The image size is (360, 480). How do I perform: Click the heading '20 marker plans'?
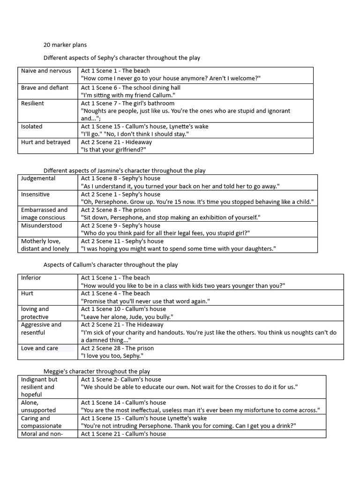[65, 45]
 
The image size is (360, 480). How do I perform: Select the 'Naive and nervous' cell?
[46, 71]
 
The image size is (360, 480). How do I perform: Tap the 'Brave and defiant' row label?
[45, 88]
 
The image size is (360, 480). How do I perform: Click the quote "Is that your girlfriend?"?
[114, 150]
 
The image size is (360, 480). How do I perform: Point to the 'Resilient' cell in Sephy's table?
[32, 103]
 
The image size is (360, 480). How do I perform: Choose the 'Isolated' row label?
[31, 127]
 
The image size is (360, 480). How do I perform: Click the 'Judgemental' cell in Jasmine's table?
[38, 178]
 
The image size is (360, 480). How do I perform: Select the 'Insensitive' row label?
[35, 194]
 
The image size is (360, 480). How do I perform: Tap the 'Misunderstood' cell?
[41, 225]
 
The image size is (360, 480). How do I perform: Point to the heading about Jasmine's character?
[124, 171]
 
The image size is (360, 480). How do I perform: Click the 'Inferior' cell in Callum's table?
[31, 277]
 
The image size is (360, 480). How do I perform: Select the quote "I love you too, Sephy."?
[112, 356]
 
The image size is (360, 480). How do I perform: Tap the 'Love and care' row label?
[40, 348]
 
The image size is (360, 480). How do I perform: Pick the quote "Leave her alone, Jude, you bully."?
[127, 317]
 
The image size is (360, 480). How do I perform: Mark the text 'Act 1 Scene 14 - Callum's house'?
[123, 403]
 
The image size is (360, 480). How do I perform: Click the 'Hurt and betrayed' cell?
[45, 142]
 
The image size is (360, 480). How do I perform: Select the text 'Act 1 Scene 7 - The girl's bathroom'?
[127, 103]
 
